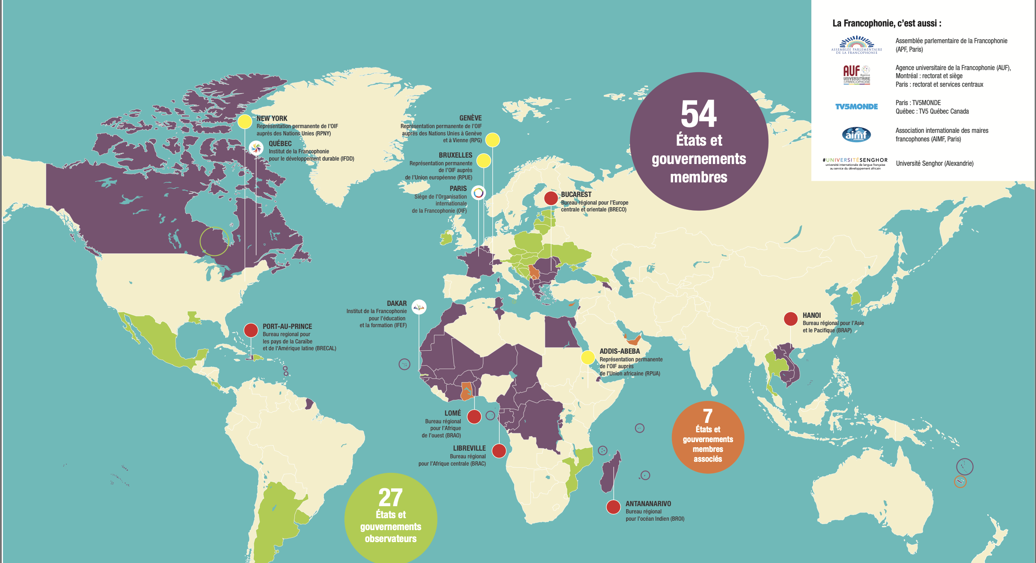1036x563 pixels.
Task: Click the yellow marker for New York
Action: [x=244, y=122]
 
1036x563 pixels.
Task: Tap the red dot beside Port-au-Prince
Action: [x=251, y=330]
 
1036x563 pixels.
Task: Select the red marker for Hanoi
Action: [x=791, y=319]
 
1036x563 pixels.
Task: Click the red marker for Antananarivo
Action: [x=613, y=507]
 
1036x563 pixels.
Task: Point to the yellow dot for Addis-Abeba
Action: [x=588, y=358]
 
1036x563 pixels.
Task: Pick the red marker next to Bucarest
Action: [x=551, y=198]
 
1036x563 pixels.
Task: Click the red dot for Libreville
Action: [x=499, y=451]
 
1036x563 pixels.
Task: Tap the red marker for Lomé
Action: [x=474, y=416]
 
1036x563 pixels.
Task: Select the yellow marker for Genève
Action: [x=492, y=140]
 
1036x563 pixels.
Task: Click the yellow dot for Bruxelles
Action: [x=483, y=161]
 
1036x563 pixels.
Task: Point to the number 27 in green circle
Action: [x=390, y=497]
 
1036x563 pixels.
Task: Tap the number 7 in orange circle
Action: [x=708, y=416]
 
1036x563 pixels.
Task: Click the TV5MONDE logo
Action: [x=856, y=107]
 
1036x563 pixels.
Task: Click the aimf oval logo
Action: [x=856, y=135]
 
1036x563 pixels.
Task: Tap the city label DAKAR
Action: [x=397, y=303]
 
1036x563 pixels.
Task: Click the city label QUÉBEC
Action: [x=280, y=144]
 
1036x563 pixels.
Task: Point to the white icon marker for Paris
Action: [x=478, y=193]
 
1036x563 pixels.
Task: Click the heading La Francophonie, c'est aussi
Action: [x=886, y=23]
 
